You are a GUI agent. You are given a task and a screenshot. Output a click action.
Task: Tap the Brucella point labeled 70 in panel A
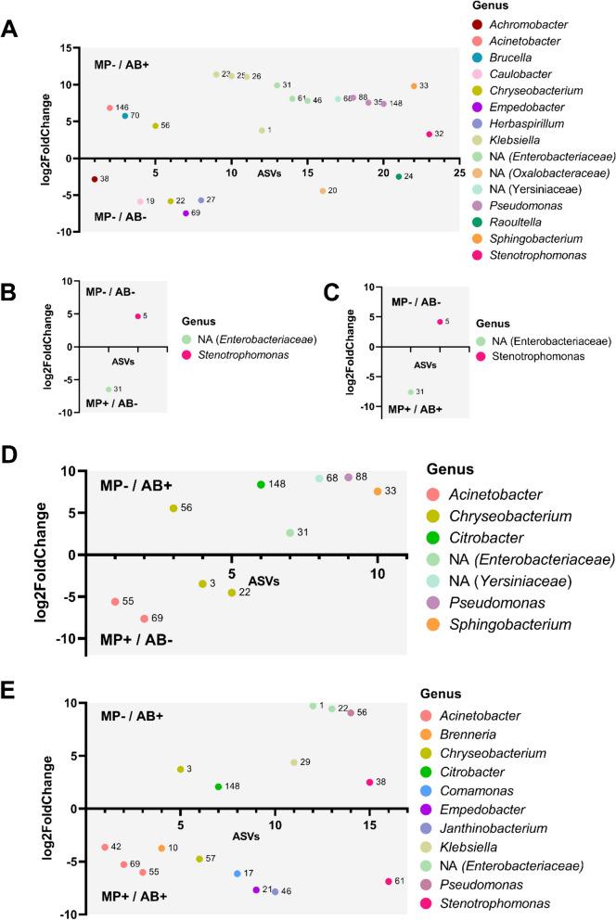click(x=125, y=116)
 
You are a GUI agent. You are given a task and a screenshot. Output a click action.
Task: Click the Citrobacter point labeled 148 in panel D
click(x=262, y=484)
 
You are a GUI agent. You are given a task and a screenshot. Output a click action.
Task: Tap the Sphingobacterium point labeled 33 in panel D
click(x=378, y=491)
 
